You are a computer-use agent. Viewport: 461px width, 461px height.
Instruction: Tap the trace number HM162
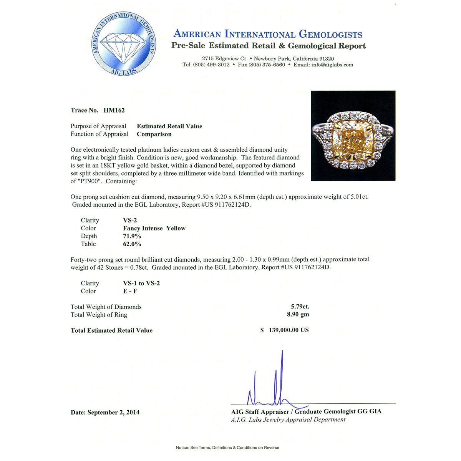click(114, 110)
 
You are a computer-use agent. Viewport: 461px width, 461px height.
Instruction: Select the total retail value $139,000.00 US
click(284, 330)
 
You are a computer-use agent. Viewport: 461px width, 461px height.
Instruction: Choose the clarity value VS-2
click(130, 220)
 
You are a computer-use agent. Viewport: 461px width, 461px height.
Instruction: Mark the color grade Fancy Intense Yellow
click(154, 228)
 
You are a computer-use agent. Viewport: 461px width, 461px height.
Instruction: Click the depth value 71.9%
click(132, 236)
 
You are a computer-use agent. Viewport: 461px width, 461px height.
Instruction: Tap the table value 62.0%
click(132, 244)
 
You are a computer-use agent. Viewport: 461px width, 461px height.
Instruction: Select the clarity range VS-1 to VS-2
click(141, 283)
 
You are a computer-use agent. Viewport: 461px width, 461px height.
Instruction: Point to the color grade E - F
click(130, 291)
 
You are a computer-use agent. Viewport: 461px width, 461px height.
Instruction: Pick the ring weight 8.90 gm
click(298, 315)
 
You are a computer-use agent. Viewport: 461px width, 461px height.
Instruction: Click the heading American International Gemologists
click(268, 34)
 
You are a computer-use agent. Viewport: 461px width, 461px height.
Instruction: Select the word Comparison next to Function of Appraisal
click(154, 134)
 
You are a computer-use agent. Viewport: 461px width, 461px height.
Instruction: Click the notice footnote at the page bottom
click(227, 448)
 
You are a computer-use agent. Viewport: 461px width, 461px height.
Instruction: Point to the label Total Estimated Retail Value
click(111, 330)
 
